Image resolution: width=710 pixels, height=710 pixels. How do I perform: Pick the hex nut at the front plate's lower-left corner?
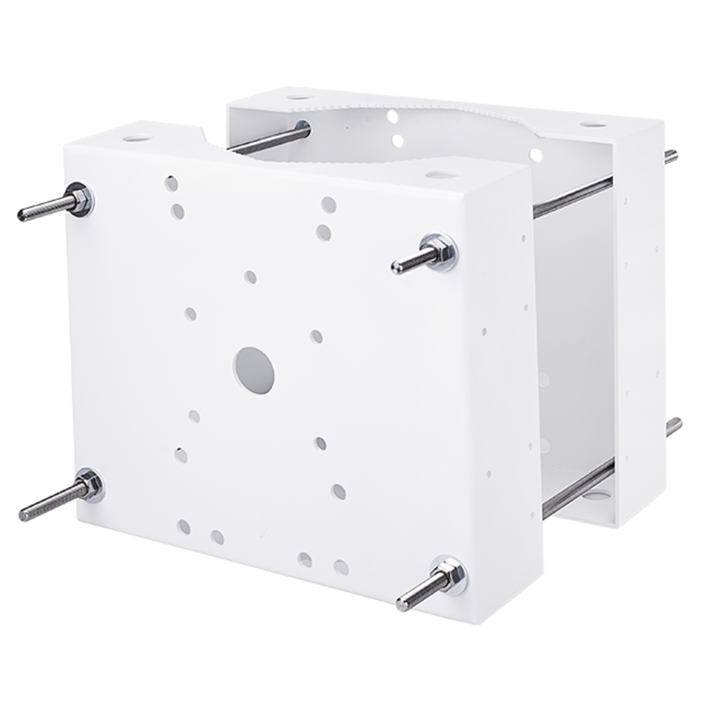coord(89,486)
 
